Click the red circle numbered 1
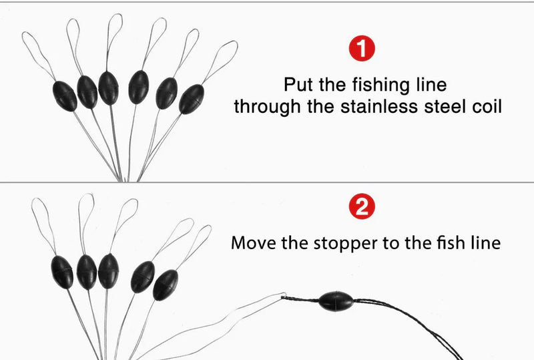click(362, 48)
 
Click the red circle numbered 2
click(362, 206)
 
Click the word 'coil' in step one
click(487, 106)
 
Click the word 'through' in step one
click(268, 107)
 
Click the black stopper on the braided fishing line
click(336, 301)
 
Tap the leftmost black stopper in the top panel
click(65, 96)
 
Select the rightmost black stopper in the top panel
click(192, 100)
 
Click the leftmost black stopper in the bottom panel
click(62, 272)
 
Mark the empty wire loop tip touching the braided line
click(283, 295)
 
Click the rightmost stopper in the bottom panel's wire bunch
click(166, 285)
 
